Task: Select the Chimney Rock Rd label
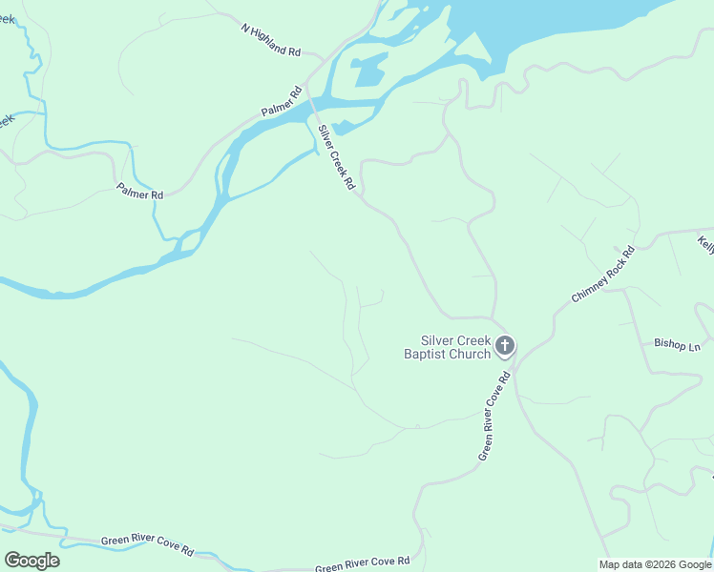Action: coord(602,274)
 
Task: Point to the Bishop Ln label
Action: coord(677,344)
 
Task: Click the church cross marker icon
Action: coord(505,346)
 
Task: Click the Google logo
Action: coord(31,561)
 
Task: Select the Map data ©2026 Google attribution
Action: coord(655,564)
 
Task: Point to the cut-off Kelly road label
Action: coord(705,244)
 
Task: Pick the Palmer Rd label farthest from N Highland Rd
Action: coord(139,192)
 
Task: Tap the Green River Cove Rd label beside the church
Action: coord(495,416)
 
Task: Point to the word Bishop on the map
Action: coord(669,344)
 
